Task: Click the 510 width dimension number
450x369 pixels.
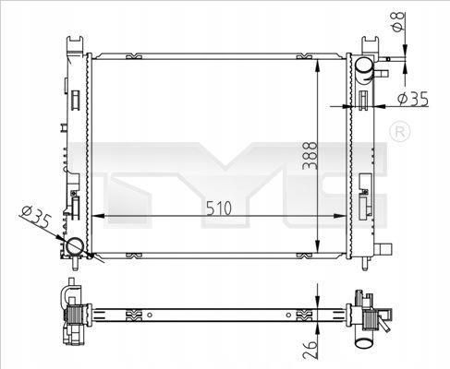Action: click(x=219, y=208)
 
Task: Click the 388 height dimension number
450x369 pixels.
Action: click(x=310, y=155)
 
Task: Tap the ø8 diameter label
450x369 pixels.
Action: click(x=398, y=22)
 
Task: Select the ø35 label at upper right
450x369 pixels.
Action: click(x=413, y=99)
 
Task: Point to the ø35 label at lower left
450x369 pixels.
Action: click(x=36, y=217)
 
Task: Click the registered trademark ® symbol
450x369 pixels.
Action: click(x=400, y=132)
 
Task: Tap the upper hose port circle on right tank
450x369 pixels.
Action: click(x=364, y=65)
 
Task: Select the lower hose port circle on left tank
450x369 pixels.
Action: click(x=75, y=246)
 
